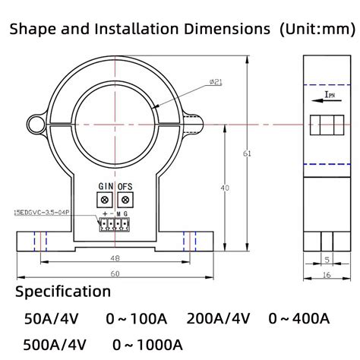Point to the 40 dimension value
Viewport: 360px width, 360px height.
click(x=223, y=187)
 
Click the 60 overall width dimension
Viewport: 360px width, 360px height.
click(x=114, y=273)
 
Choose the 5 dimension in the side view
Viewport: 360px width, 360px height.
click(x=327, y=259)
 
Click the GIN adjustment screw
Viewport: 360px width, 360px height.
click(x=105, y=199)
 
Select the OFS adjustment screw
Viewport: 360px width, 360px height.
click(x=126, y=199)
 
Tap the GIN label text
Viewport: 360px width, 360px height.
click(x=105, y=186)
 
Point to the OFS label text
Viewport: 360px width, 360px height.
click(x=126, y=186)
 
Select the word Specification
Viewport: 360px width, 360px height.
click(x=63, y=292)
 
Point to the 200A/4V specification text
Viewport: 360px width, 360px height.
click(x=218, y=317)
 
